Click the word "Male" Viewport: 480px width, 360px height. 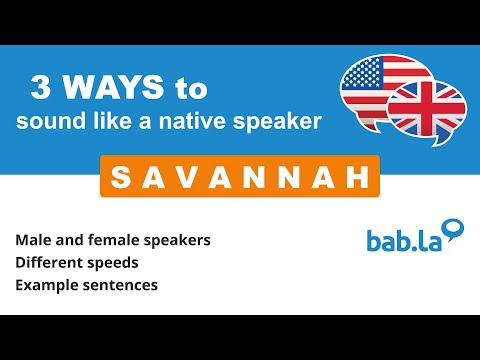(x=33, y=241)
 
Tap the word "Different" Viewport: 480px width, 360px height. (x=48, y=262)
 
